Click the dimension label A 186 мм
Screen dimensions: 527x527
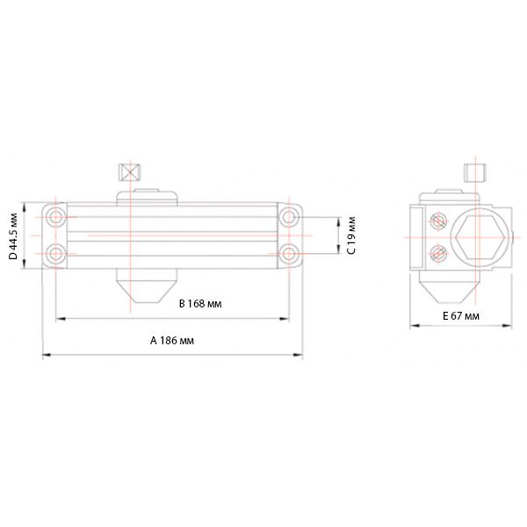(x=172, y=341)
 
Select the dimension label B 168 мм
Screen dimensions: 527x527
(x=200, y=304)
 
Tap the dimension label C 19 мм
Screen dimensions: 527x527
(x=350, y=235)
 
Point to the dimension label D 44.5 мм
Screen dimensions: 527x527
(x=13, y=236)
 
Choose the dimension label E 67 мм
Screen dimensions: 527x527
(x=461, y=316)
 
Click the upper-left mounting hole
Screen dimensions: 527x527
(x=56, y=217)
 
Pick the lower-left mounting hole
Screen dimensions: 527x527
(x=56, y=254)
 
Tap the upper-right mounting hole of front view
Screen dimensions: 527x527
(x=289, y=217)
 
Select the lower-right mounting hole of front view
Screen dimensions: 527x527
(x=289, y=254)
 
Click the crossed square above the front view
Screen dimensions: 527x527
(x=130, y=172)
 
